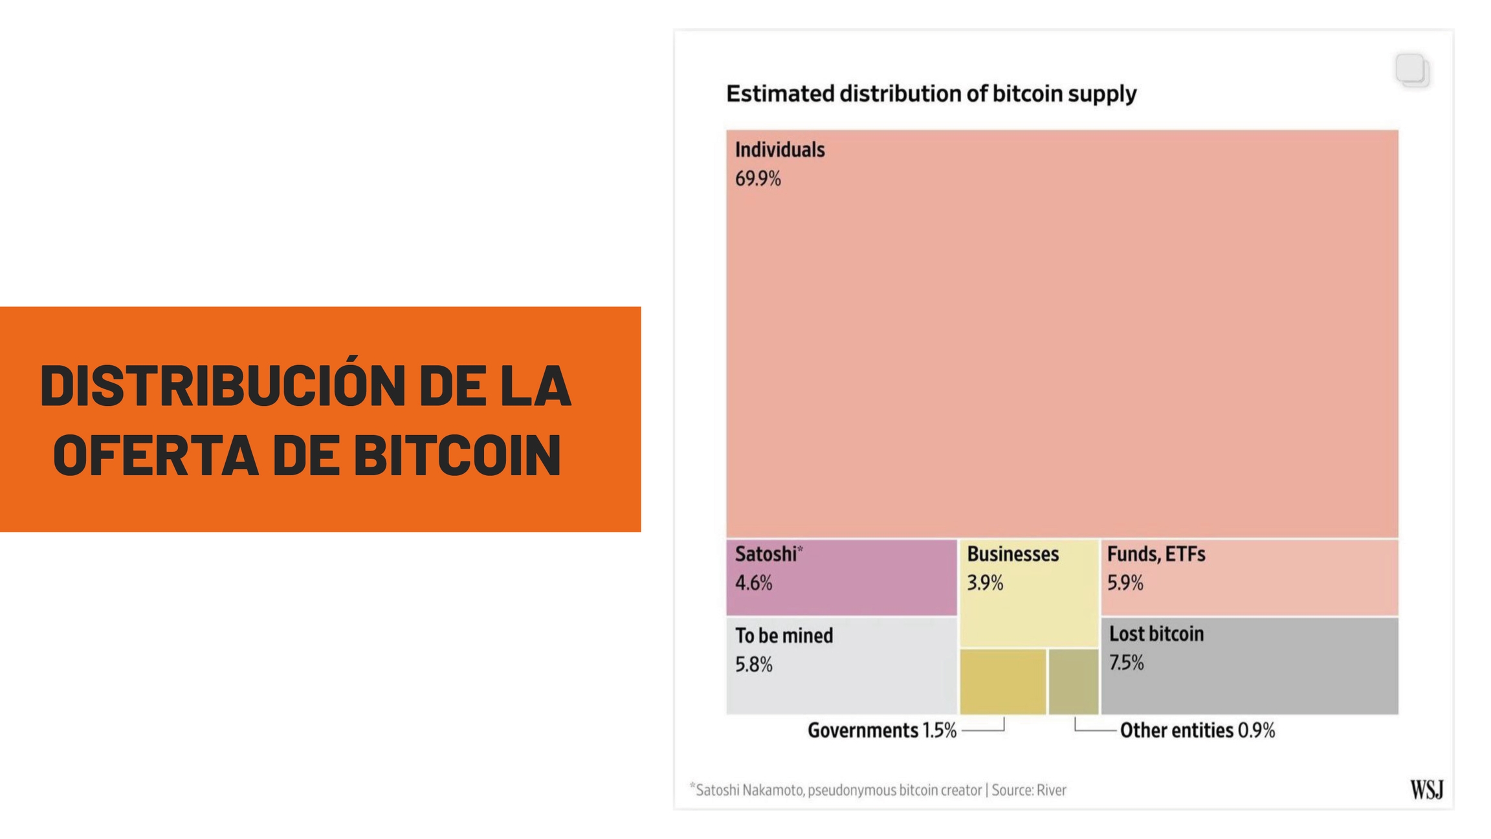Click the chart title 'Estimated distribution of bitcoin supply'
[931, 94]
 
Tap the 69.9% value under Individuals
[758, 179]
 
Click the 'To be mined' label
[784, 636]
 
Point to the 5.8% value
[753, 665]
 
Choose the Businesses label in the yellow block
[1012, 554]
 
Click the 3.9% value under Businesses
[984, 583]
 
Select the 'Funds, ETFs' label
[1156, 554]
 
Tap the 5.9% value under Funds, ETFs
[1125, 583]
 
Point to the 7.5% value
[1126, 663]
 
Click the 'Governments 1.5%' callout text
[881, 731]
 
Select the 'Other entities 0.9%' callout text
[1197, 731]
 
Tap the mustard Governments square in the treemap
[1002, 682]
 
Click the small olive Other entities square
[1073, 682]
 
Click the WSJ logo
[1426, 790]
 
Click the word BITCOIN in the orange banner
[457, 456]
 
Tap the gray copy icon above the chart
[1412, 70]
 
